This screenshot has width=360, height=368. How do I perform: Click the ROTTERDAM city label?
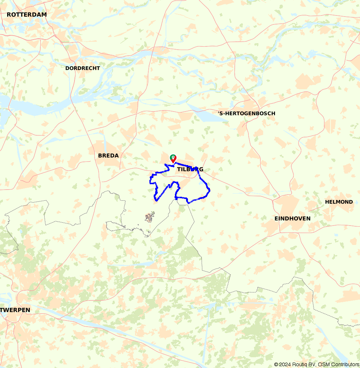[x=27, y=15]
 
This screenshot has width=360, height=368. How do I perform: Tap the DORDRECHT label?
[x=83, y=68]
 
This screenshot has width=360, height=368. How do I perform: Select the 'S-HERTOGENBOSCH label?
[x=247, y=113]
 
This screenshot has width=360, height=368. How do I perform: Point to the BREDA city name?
[x=108, y=155]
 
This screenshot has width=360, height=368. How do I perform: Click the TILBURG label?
[x=190, y=169]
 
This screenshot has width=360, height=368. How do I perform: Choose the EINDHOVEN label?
[x=292, y=218]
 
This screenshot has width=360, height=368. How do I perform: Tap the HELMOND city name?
[x=339, y=202]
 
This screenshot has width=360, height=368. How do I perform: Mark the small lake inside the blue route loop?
[x=199, y=186]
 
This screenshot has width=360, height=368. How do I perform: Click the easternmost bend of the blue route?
[x=210, y=190]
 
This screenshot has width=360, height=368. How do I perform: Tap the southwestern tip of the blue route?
[x=156, y=200]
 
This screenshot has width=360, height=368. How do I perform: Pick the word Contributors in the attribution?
[x=344, y=364]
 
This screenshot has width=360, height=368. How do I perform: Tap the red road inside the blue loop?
[x=180, y=176]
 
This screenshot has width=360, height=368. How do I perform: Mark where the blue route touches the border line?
[x=176, y=198]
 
